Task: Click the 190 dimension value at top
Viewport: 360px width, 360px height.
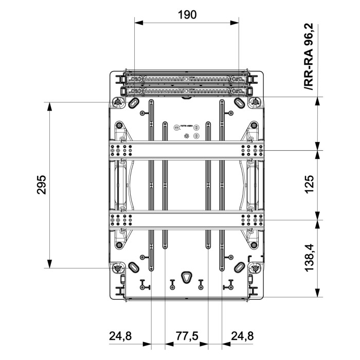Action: (x=187, y=14)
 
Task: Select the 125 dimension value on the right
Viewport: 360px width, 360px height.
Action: (x=309, y=184)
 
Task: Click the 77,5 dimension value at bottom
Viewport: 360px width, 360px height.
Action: (x=186, y=336)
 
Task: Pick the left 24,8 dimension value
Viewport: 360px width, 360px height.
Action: (x=120, y=336)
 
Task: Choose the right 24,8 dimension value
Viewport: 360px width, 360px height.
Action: (x=242, y=336)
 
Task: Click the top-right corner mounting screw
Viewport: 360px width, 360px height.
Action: (x=255, y=102)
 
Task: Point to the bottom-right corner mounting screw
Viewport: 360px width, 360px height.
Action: (x=255, y=268)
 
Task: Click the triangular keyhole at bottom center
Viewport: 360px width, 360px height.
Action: (x=187, y=276)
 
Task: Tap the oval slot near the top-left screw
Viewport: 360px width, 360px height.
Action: (x=134, y=103)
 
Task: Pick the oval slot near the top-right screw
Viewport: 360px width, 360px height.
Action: (x=240, y=103)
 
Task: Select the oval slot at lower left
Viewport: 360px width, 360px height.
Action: (x=134, y=267)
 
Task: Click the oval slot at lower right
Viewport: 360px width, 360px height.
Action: (x=240, y=267)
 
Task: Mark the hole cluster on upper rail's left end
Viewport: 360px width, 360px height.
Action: (x=120, y=150)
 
